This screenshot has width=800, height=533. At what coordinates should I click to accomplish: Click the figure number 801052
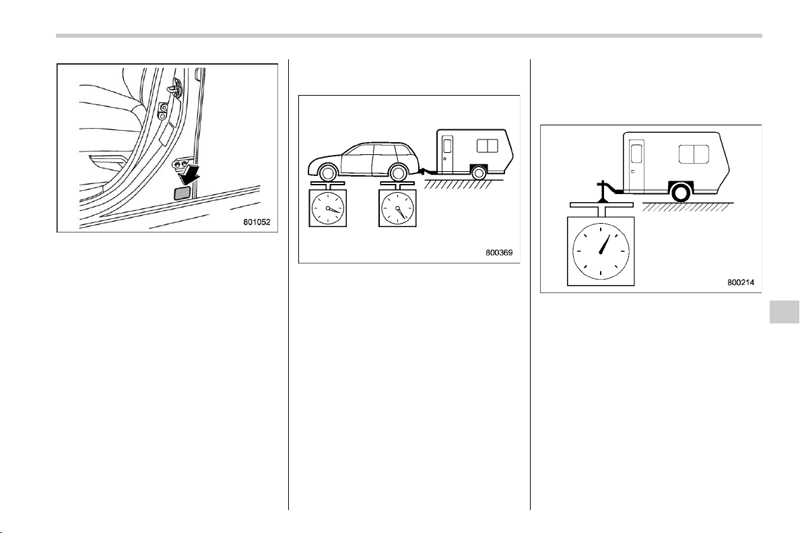pos(257,222)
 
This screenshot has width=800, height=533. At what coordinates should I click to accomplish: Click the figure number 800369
pos(499,252)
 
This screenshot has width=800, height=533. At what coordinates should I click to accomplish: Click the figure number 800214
pos(741,282)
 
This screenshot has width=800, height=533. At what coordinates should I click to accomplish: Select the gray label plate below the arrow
pos(182,193)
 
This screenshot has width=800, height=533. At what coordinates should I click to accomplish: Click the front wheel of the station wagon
pos(327,173)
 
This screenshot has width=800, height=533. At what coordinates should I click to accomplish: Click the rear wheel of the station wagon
pos(397,173)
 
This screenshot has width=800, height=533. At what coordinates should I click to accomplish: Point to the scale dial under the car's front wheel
pos(327,208)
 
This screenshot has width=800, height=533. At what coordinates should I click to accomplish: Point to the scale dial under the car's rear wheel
pos(397,208)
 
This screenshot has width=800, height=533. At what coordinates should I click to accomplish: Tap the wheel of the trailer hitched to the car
pos(479,173)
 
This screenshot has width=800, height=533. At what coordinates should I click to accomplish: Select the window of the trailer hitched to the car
pos(488,146)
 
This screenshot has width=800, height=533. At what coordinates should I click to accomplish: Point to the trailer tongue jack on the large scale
pos(603,191)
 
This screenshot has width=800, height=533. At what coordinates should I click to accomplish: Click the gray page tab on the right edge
pos(783,312)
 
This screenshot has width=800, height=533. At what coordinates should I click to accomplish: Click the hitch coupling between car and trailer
pos(423,171)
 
